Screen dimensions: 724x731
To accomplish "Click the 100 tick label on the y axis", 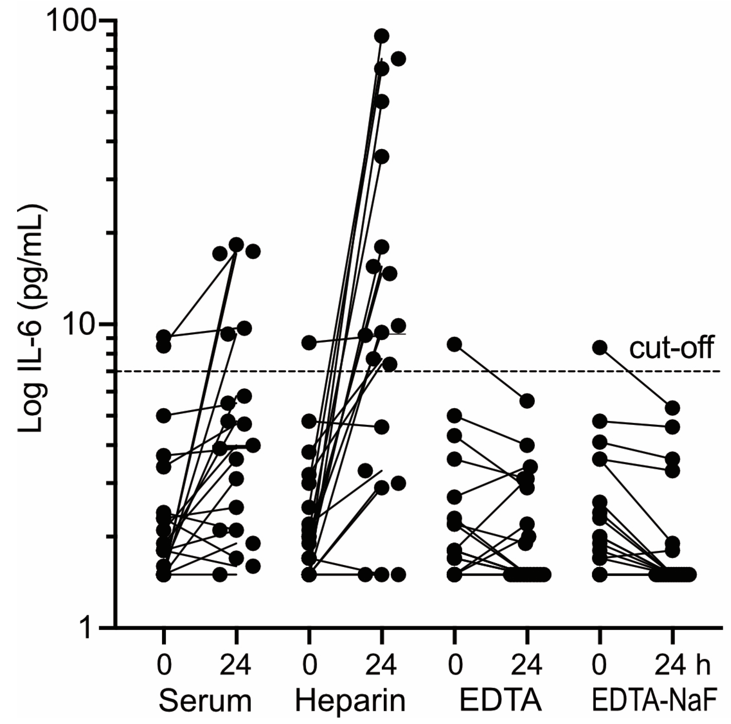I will (72, 22).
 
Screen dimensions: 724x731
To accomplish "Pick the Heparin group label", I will (350, 702).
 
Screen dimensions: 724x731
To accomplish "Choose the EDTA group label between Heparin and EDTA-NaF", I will (500, 702).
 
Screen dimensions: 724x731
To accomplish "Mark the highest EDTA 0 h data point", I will (454, 344).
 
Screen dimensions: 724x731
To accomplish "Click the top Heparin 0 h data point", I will (309, 343).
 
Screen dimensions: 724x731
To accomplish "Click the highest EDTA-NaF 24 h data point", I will (672, 408).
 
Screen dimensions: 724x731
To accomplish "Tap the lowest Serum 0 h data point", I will (163, 575).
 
